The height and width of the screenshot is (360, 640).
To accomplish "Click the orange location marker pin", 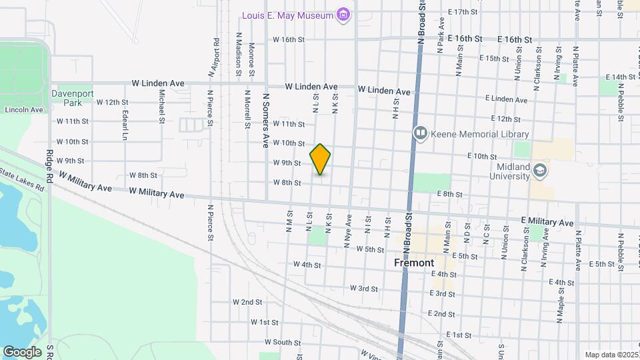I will tap(321, 159).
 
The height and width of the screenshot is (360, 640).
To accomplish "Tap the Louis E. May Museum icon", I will tap(344, 14).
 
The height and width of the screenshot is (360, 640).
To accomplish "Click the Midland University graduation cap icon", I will tap(540, 171).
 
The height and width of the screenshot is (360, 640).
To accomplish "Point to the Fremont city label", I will tap(415, 263).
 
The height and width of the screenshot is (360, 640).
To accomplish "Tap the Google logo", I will tap(23, 351).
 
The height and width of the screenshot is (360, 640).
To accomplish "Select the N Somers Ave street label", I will tap(265, 120).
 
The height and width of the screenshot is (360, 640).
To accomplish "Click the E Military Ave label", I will tap(547, 222).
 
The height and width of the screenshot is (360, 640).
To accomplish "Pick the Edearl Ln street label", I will tap(125, 125).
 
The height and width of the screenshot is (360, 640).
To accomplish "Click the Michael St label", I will tap(162, 107).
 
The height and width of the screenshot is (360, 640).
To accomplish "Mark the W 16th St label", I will tap(289, 39).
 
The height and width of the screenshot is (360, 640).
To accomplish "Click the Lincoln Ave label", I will tap(23, 109).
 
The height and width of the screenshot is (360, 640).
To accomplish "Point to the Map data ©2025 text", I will tap(611, 355).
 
